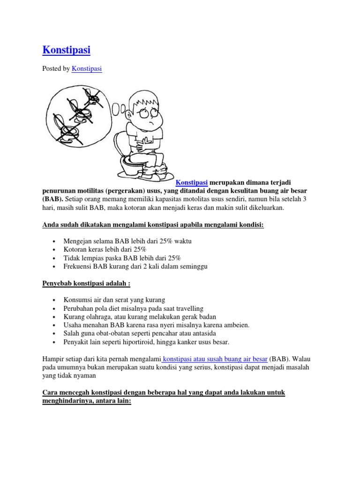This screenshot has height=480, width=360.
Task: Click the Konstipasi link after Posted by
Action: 87,69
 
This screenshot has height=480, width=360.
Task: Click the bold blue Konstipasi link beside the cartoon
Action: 192,182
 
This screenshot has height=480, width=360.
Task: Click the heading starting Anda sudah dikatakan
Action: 153,225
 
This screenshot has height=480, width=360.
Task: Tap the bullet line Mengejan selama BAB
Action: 127,241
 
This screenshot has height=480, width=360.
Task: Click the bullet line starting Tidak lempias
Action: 122,258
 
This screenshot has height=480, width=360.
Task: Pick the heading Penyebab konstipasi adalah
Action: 86,284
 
